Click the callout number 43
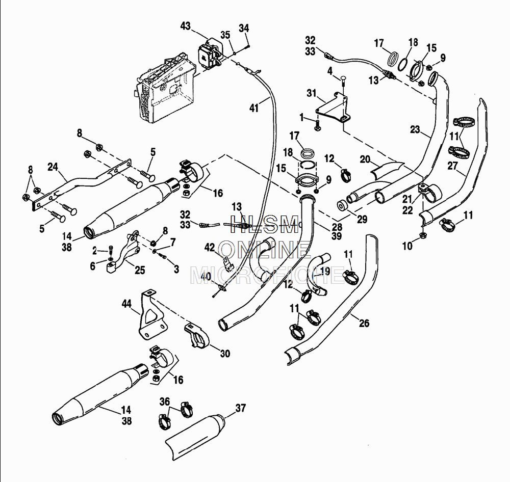coord(185,26)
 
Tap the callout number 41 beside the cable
coord(254,108)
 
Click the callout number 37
coord(241,408)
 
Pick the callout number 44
coord(126,304)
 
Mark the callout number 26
coord(364,323)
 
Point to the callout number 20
coord(365,159)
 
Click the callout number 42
coord(210,247)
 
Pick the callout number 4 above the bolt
coord(330,70)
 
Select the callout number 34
coord(244,28)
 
